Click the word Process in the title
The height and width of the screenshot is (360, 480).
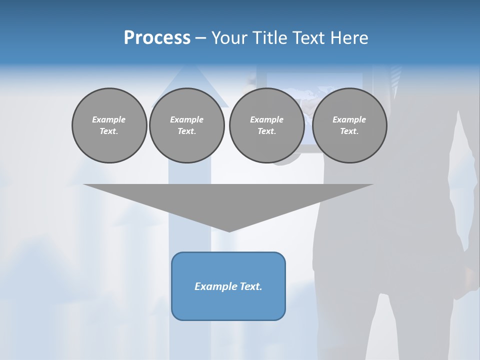click(x=157, y=38)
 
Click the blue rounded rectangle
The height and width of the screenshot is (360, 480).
click(x=228, y=305)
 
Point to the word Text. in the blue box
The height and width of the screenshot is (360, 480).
click(x=250, y=286)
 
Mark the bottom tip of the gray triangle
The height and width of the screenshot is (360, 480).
click(x=229, y=230)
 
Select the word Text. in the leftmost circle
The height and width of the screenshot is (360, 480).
click(x=109, y=131)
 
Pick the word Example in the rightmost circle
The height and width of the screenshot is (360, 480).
click(x=349, y=119)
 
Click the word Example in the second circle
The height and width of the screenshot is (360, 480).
click(x=186, y=119)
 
